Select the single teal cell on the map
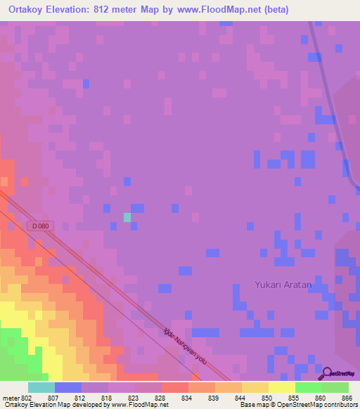[127, 217]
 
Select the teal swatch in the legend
[41, 387]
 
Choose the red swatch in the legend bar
[174, 387]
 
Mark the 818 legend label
[108, 398]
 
